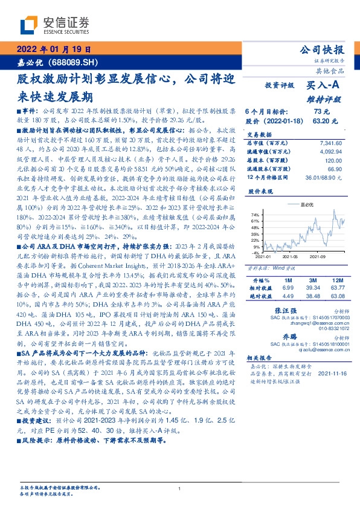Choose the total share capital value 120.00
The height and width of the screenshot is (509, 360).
333,160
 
